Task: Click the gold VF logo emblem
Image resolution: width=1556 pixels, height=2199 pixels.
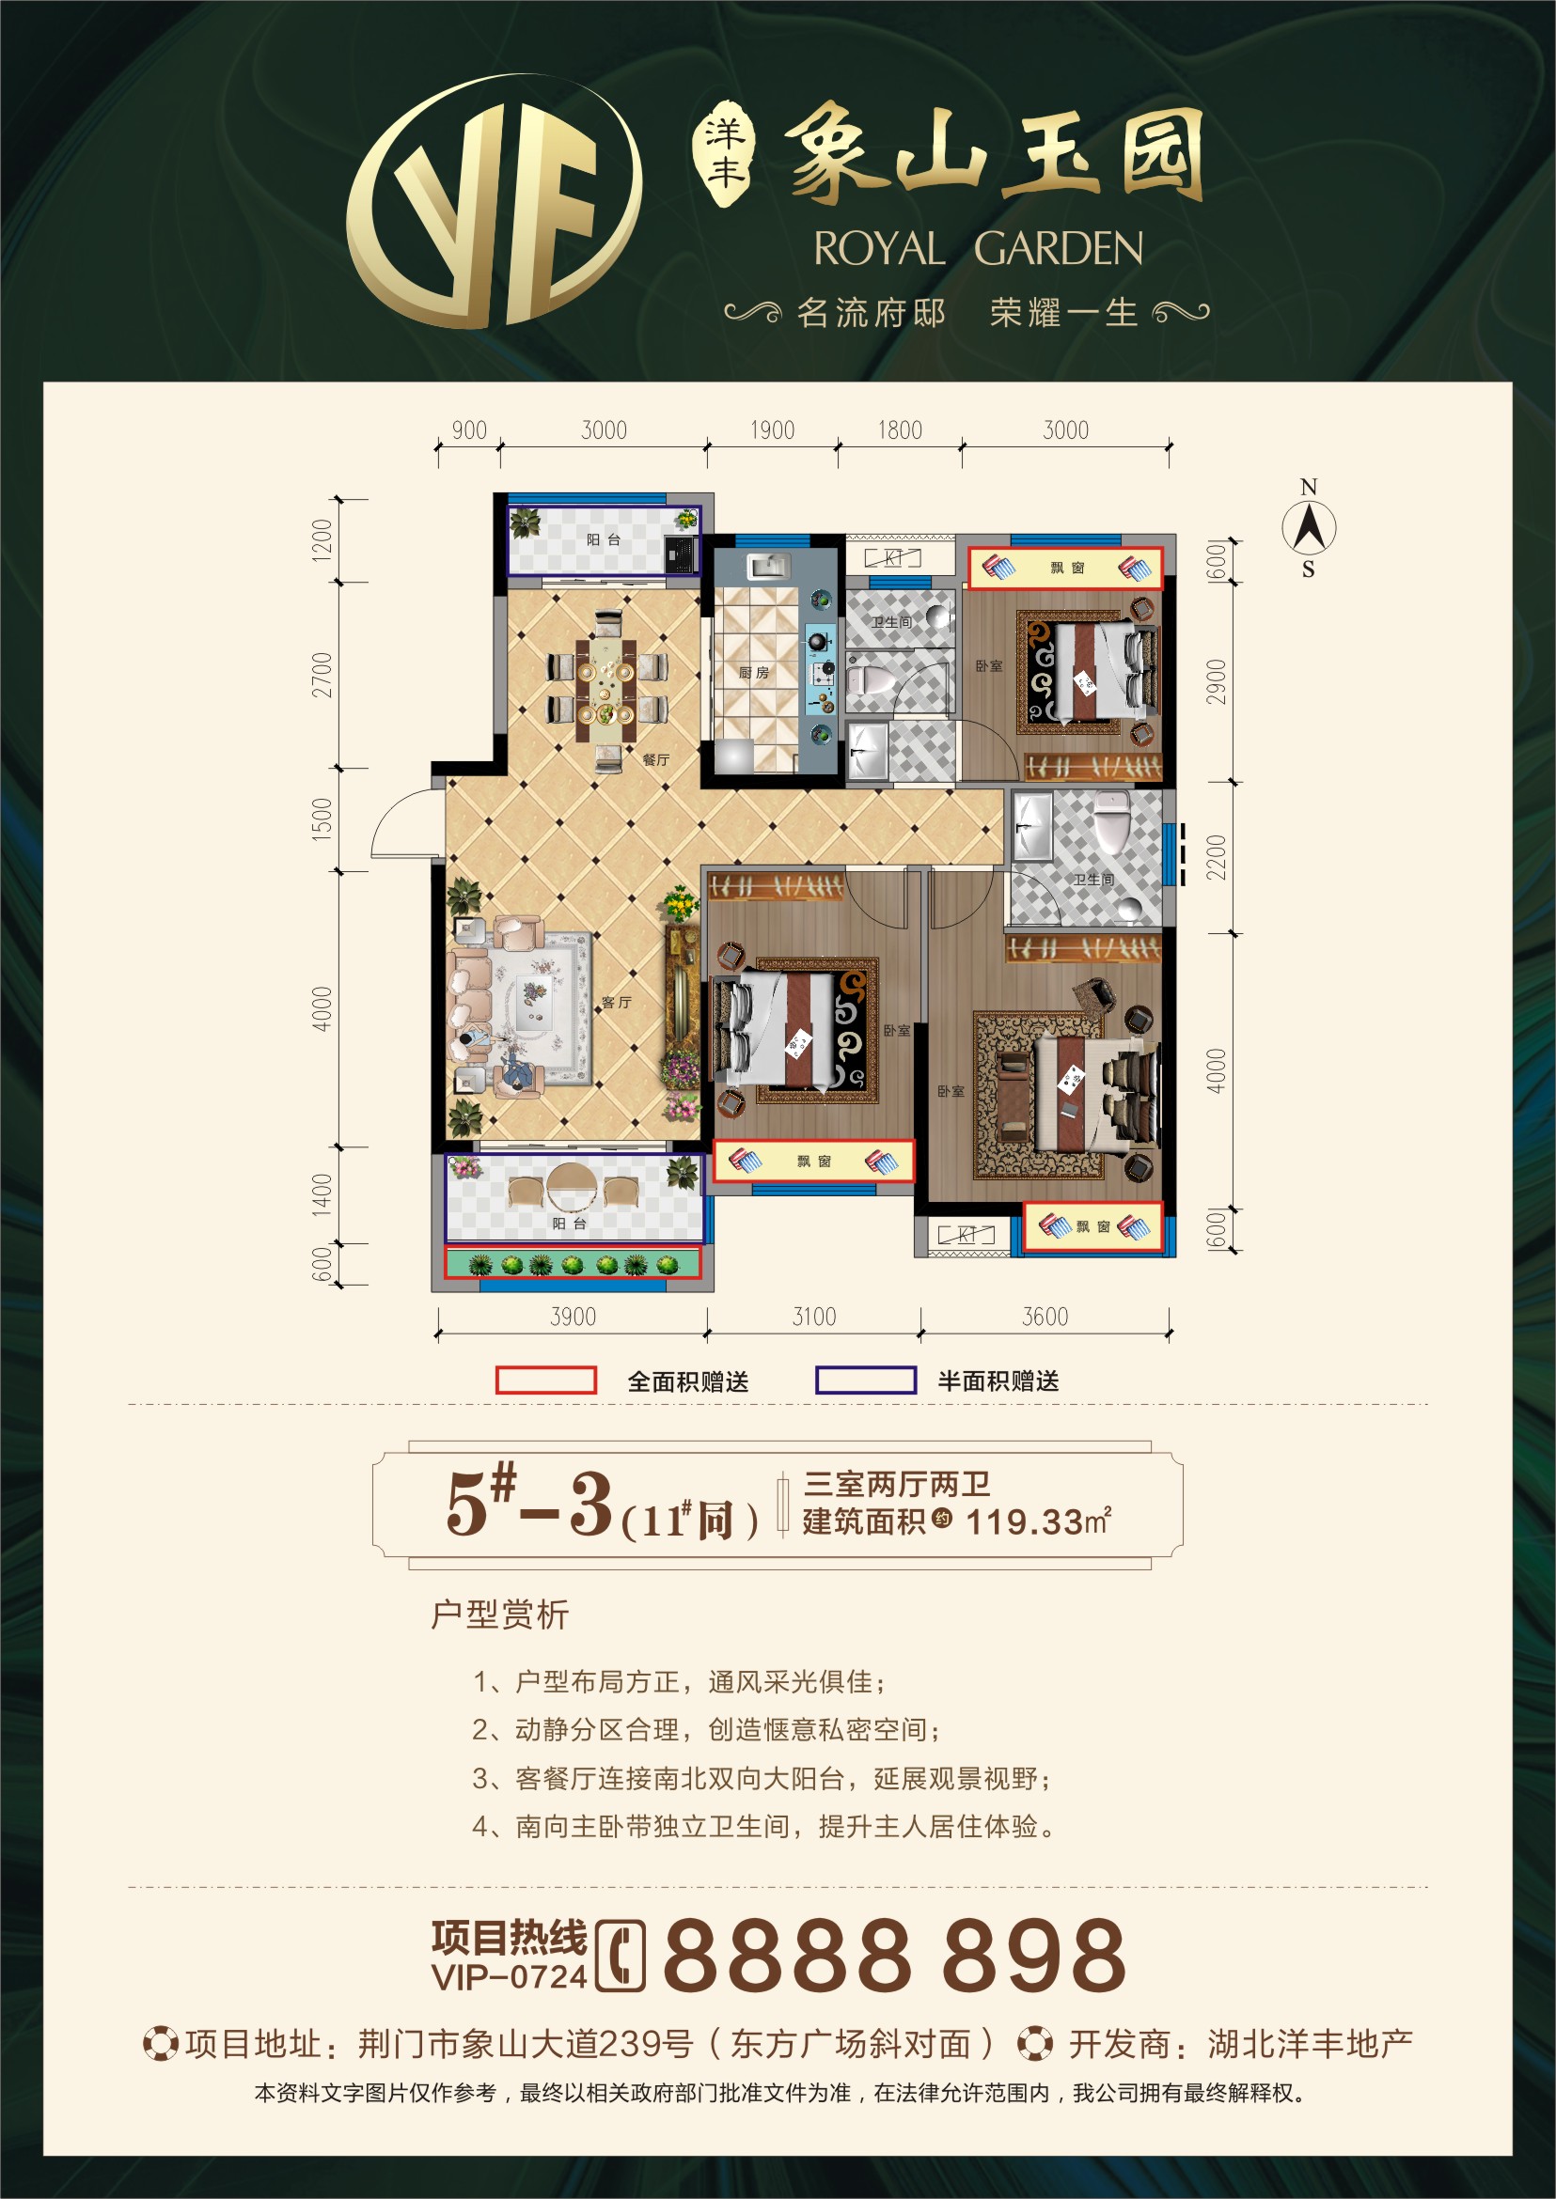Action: (x=495, y=201)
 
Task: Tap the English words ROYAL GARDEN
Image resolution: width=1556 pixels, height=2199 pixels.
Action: (x=978, y=249)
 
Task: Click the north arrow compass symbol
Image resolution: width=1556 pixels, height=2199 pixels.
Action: (x=1309, y=528)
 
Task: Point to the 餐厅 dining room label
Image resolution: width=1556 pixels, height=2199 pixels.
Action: (x=656, y=759)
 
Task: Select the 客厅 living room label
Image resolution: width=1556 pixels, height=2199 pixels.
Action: (x=616, y=1002)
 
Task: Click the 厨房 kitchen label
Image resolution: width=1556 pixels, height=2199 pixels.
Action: (x=754, y=672)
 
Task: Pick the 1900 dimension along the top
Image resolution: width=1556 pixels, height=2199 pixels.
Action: (x=772, y=430)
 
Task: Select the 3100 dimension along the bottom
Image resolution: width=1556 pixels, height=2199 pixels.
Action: (x=814, y=1317)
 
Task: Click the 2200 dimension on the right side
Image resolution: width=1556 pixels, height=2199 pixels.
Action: (x=1216, y=857)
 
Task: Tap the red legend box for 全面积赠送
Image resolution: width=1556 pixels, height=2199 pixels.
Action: (x=546, y=1380)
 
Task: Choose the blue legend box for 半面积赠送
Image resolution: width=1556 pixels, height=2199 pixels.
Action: (x=866, y=1380)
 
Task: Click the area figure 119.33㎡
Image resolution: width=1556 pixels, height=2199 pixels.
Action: (x=1039, y=1521)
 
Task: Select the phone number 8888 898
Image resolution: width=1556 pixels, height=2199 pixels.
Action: (x=894, y=1955)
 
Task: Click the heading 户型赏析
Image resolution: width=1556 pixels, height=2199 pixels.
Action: (x=500, y=1614)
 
